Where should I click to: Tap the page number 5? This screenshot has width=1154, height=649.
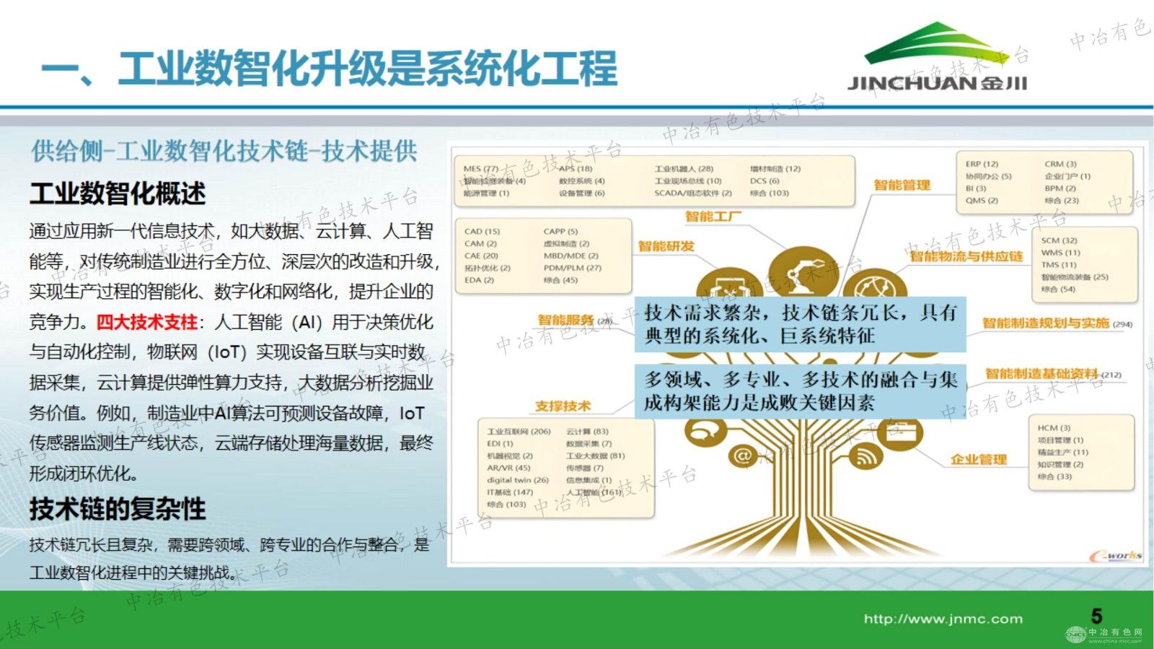pos(1096,616)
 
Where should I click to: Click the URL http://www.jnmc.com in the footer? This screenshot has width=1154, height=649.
pos(943,619)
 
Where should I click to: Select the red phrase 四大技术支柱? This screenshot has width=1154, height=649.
pos(147,322)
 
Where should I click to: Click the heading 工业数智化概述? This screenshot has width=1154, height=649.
pos(118,193)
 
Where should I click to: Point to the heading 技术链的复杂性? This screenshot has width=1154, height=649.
pos(118,509)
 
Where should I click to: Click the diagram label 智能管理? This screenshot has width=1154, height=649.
pos(902,185)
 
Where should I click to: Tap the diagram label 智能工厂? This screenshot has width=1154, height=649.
pos(713,216)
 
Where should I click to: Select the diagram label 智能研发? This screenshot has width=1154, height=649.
pos(666,246)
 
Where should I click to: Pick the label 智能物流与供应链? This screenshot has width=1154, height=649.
pos(966,256)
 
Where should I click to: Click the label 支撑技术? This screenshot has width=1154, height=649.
pos(563,406)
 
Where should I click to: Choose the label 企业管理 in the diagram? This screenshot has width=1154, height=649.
pos(978,459)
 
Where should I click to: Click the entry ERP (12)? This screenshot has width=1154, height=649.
pos(982,164)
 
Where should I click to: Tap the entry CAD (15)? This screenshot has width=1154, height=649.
pos(482,232)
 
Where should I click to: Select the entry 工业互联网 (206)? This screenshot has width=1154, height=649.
pos(519,432)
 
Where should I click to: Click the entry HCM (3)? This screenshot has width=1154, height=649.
pos(1054,428)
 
